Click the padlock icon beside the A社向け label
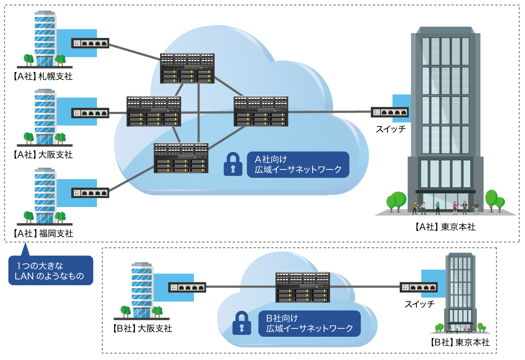[233, 164]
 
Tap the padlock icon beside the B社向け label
[242, 323]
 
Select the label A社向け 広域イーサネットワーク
[298, 165]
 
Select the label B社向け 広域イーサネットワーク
[309, 324]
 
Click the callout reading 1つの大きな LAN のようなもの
[51, 271]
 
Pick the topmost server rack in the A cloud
[187, 69]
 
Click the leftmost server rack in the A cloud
[154, 111]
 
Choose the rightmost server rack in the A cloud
[261, 111]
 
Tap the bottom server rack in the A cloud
[181, 158]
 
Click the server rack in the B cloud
[303, 287]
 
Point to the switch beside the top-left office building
[90, 43]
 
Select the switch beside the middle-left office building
[90, 113]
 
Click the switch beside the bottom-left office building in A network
[90, 193]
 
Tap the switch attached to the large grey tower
[390, 112]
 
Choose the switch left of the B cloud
[187, 287]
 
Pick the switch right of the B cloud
[419, 287]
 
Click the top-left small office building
[44, 39]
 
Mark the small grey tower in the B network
[460, 291]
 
